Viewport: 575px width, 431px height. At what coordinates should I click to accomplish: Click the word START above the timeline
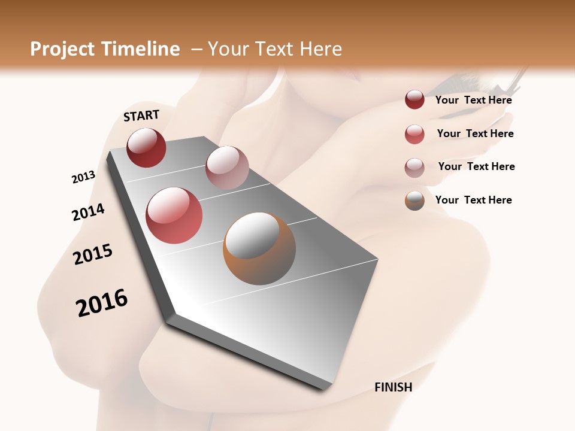(x=141, y=116)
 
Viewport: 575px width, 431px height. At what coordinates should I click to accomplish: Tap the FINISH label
(x=393, y=387)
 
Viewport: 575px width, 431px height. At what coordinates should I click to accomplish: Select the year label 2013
(x=83, y=177)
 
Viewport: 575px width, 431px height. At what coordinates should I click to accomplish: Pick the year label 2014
(x=88, y=213)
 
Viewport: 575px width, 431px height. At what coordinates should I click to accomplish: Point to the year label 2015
(x=93, y=254)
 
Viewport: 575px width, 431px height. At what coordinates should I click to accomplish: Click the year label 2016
(x=102, y=303)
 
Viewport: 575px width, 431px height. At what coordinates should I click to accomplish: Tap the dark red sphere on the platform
(x=146, y=147)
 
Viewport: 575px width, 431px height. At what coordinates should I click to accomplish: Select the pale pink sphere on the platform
(x=227, y=168)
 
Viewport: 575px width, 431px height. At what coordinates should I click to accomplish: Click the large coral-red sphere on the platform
(x=174, y=215)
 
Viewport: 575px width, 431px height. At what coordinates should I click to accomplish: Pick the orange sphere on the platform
(x=259, y=248)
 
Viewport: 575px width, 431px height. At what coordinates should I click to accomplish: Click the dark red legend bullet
(x=414, y=100)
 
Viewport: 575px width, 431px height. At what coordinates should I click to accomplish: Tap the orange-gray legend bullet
(x=414, y=201)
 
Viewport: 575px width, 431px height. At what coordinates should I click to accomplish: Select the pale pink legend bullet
(x=414, y=168)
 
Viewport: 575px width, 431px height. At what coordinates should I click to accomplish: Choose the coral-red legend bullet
(x=414, y=134)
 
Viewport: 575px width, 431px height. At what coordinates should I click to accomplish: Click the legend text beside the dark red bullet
(x=473, y=100)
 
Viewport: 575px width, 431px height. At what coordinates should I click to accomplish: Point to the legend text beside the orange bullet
(x=473, y=200)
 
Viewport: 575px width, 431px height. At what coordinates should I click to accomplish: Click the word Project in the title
(x=62, y=49)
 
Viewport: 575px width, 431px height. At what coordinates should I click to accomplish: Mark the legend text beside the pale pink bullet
(x=476, y=166)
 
